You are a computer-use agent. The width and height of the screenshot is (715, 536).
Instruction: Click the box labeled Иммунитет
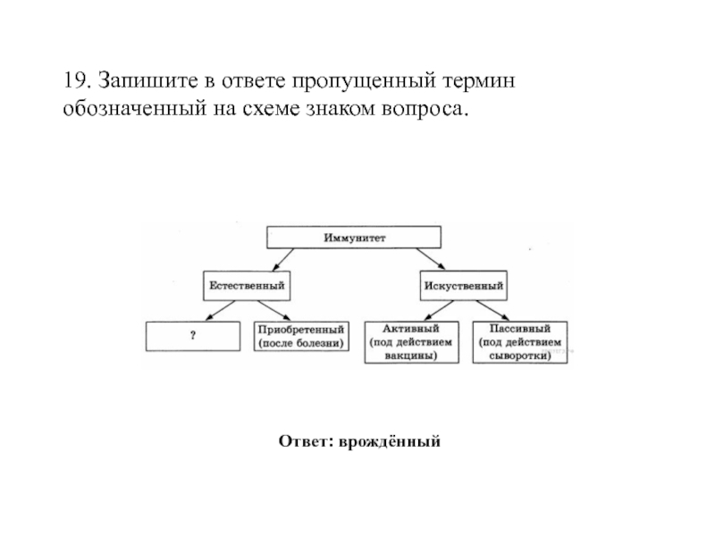click(355, 239)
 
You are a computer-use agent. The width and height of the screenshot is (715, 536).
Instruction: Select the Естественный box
click(248, 285)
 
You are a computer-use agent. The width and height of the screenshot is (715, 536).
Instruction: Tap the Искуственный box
click(463, 285)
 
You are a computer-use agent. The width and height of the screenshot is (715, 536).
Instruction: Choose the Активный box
click(411, 341)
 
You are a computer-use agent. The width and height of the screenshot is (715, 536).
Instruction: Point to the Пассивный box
click(520, 341)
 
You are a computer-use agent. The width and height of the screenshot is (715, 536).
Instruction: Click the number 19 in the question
click(73, 81)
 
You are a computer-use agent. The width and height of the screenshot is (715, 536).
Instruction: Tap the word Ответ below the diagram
click(303, 441)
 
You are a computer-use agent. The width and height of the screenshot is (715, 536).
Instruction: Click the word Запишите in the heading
click(139, 81)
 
